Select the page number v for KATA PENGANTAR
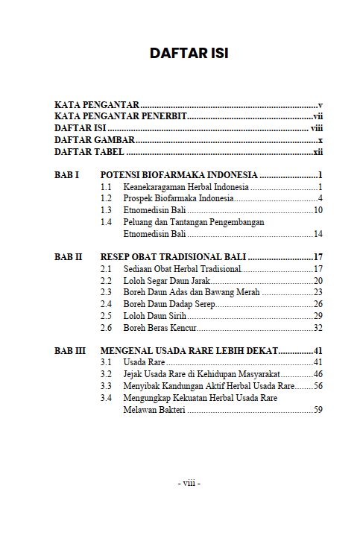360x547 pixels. [319, 105]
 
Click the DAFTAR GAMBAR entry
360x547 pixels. [95, 139]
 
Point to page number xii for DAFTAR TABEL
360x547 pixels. [317, 151]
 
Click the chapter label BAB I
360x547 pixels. [67, 174]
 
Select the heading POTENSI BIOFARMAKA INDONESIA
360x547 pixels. [179, 174]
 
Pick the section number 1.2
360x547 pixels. [107, 198]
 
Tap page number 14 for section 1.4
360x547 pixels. [317, 234]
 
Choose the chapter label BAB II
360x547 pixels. [69, 257]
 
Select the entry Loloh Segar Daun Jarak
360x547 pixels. [166, 280]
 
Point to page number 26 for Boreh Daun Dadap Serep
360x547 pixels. [317, 304]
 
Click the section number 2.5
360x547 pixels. [107, 316]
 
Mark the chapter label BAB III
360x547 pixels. [70, 350]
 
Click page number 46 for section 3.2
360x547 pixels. [317, 374]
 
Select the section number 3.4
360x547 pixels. [107, 398]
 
